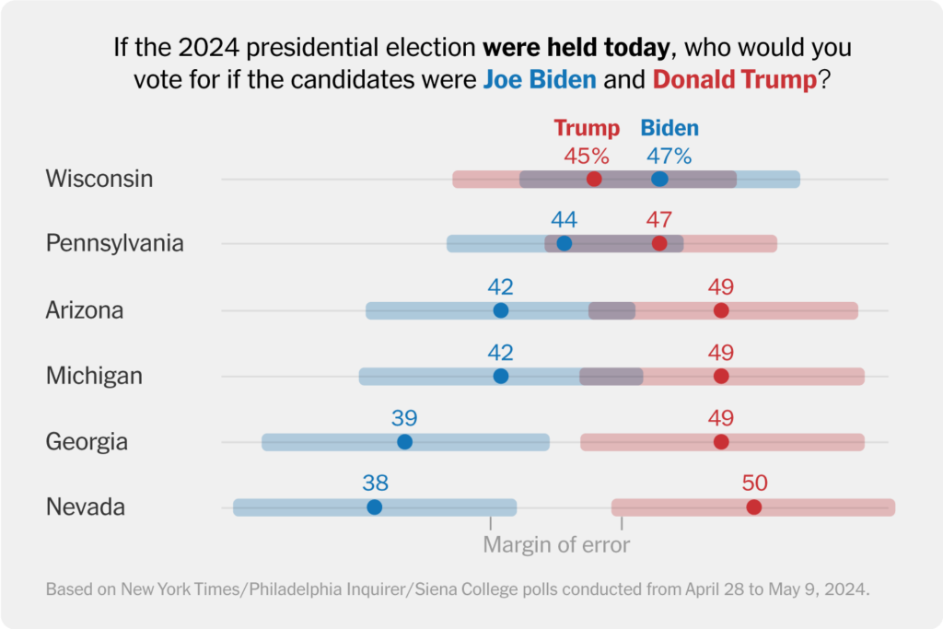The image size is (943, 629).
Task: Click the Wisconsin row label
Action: click(x=99, y=179)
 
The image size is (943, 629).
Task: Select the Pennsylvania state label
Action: click(x=115, y=244)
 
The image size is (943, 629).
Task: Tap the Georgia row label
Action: click(x=87, y=442)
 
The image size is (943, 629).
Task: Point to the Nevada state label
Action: click(x=86, y=507)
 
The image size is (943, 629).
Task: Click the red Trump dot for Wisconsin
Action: click(x=594, y=179)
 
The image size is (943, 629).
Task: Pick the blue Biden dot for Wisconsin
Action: click(x=659, y=179)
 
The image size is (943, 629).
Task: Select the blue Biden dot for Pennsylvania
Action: click(x=565, y=244)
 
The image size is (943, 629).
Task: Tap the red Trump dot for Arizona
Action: click(x=721, y=310)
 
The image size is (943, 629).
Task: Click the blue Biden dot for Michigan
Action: click(x=500, y=376)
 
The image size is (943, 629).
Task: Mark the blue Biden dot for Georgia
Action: click(x=404, y=442)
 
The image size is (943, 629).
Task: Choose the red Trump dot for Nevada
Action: click(x=754, y=507)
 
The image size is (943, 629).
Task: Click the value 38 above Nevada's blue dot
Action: click(x=375, y=483)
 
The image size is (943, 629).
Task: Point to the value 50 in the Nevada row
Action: click(x=754, y=483)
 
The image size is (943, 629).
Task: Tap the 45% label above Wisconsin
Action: click(x=587, y=155)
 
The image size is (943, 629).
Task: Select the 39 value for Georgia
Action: click(x=404, y=417)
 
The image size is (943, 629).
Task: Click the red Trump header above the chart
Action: click(x=587, y=128)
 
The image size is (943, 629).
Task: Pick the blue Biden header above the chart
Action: click(x=669, y=128)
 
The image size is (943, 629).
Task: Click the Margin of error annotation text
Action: click(x=556, y=544)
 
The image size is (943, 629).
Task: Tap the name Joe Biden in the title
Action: click(x=540, y=79)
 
